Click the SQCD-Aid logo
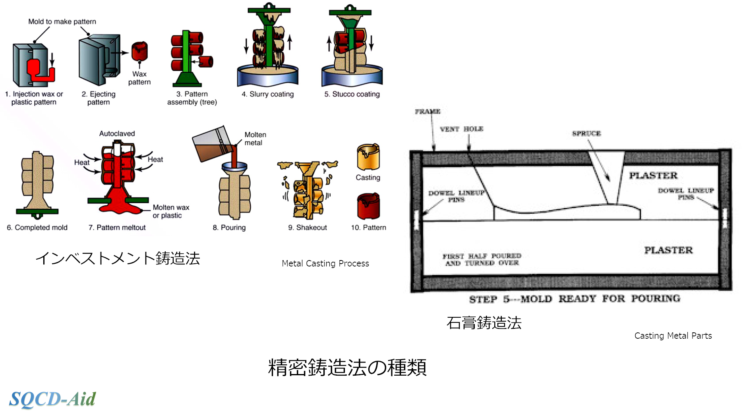pos(52,399)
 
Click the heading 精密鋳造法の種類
pos(347,367)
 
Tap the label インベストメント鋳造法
pos(118,259)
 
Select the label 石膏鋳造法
pos(484,323)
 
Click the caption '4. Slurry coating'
pos(268,94)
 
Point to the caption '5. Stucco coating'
pos(352,94)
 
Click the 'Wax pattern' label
pos(139,78)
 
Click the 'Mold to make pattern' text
pos(62,21)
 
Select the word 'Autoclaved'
pos(117,133)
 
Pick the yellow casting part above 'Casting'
pos(368,157)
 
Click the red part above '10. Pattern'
pos(368,206)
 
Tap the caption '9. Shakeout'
pos(308,228)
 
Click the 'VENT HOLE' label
pos(461,129)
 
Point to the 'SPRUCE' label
pos(586,133)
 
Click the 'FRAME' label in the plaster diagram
pos(428,112)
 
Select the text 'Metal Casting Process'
pos(325,263)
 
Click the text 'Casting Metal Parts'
pos(673,336)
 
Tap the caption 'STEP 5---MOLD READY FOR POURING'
pos(575,299)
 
